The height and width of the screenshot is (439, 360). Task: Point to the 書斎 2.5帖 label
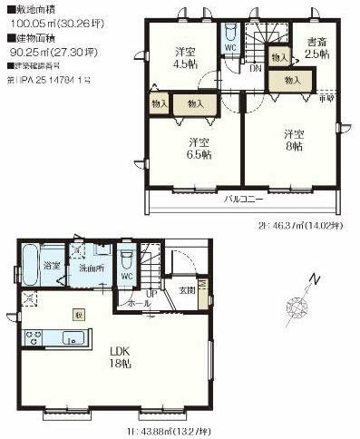point(316,46)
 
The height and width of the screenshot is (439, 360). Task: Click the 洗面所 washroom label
point(88,268)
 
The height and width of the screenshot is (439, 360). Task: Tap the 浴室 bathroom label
point(52,267)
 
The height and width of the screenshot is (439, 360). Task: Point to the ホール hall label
point(141,304)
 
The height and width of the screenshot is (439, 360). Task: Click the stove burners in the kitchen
point(33,339)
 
